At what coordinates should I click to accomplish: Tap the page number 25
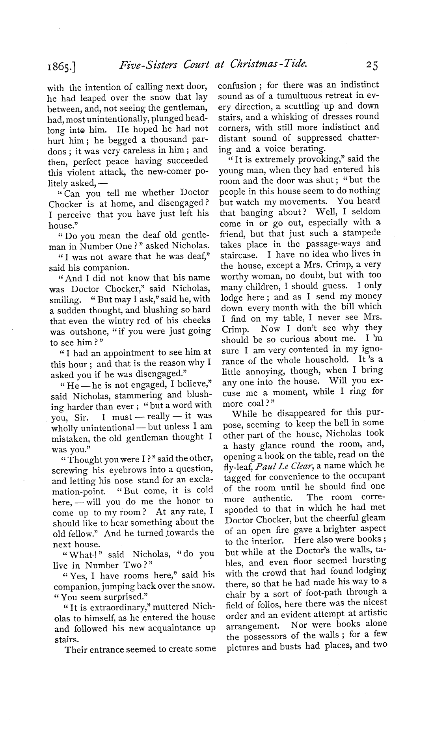coord(371,65)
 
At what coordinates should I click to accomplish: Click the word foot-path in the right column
coord(322,592)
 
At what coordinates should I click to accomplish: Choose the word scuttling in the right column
coord(301,106)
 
